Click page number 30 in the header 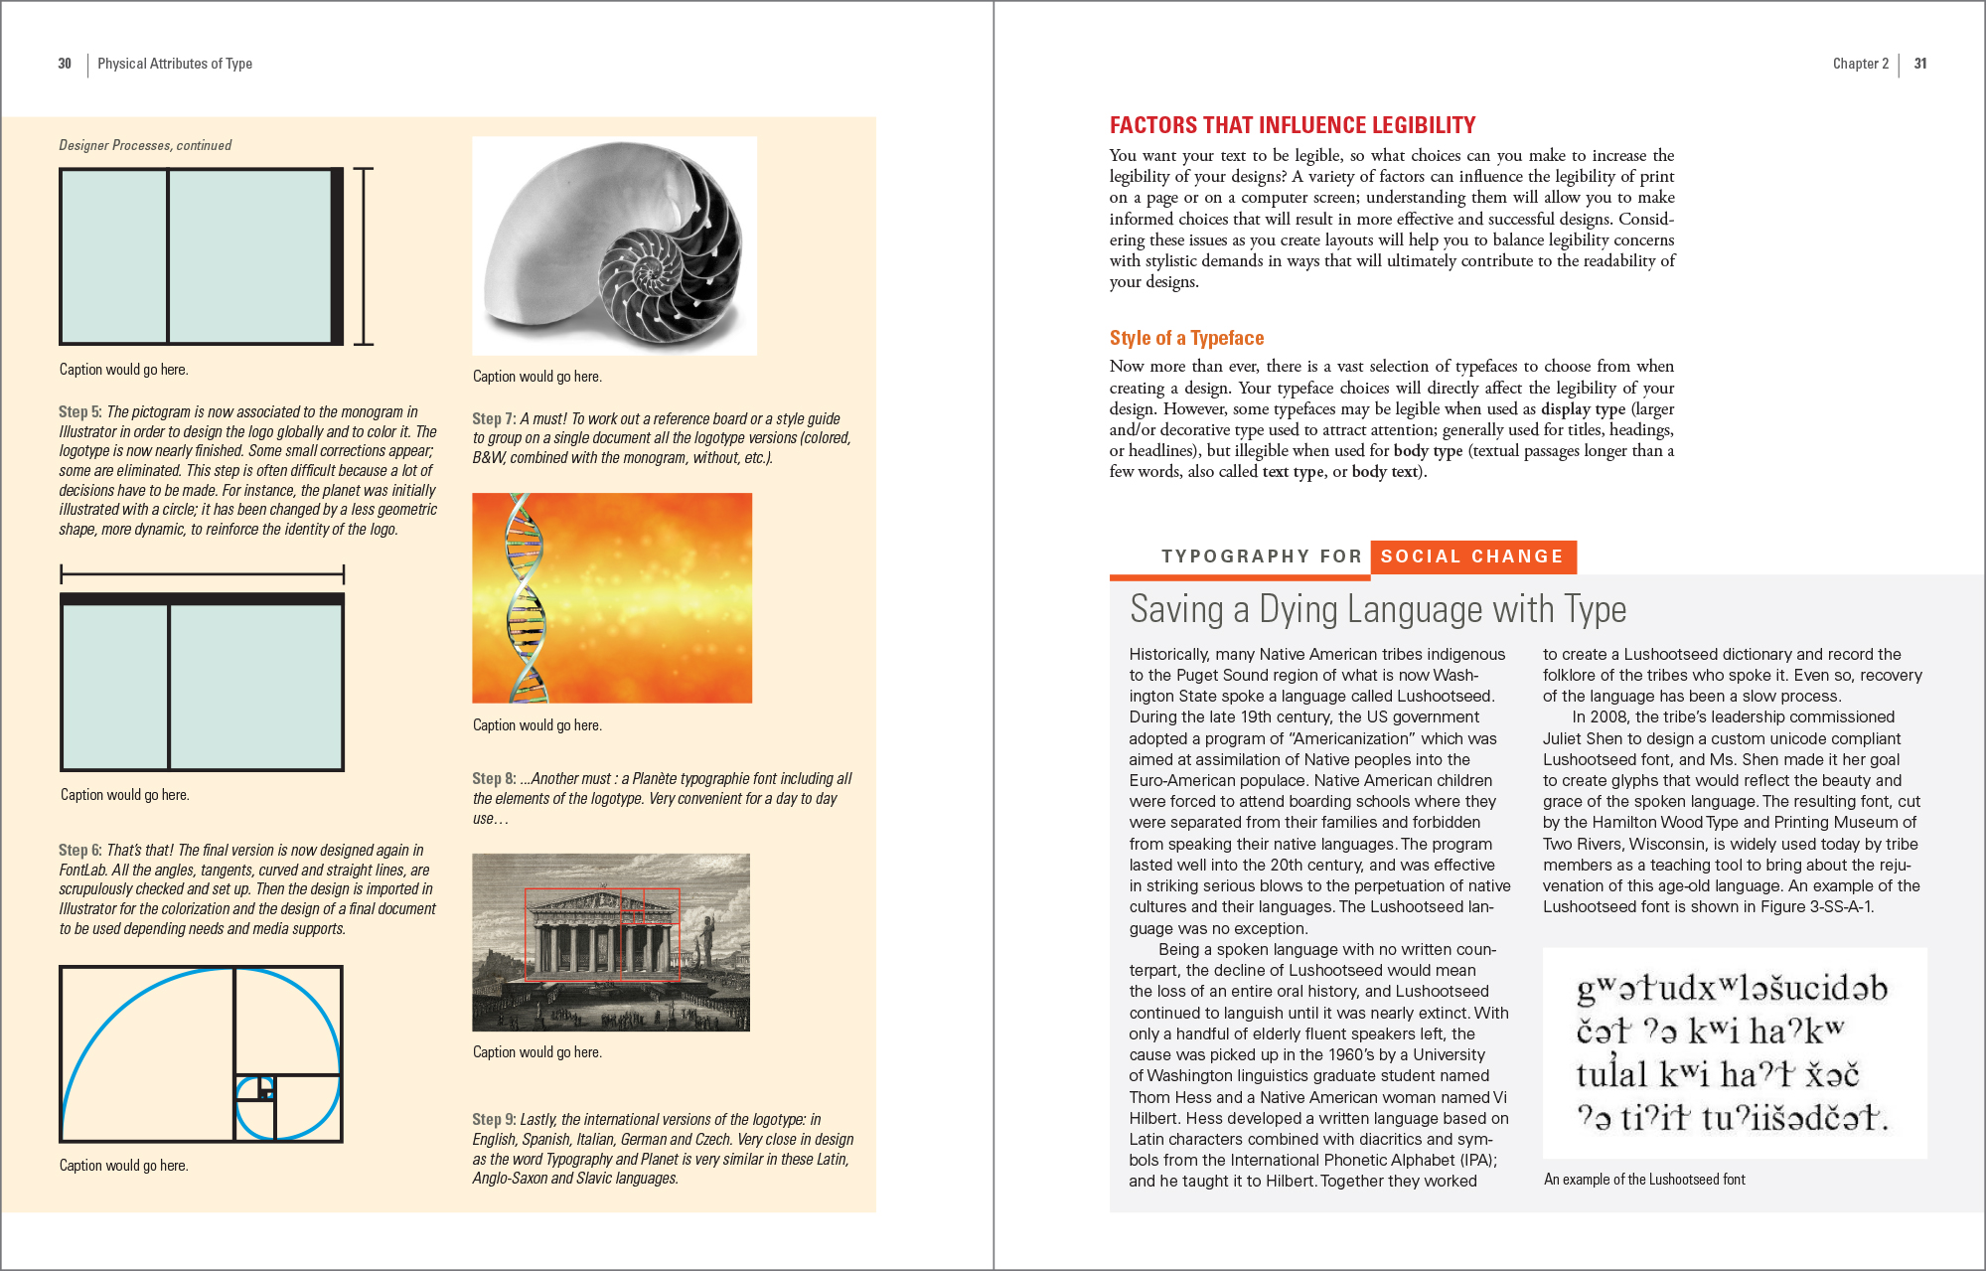pos(65,64)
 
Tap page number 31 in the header pos(1920,64)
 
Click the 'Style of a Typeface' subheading pos(1186,338)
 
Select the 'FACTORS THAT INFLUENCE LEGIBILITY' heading pos(1292,125)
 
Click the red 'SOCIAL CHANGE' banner pos(1471,556)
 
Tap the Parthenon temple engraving pos(610,941)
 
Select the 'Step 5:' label pos(79,411)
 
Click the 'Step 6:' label pos(79,850)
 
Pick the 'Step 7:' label pos(493,418)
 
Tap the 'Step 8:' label pos(493,778)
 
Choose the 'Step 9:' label pos(493,1119)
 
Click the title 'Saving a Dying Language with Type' pos(1377,609)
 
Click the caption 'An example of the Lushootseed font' pos(1644,1180)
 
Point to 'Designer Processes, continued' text pos(145,145)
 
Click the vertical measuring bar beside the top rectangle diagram pos(365,256)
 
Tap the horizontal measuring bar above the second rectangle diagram pos(202,573)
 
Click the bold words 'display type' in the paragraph pos(1583,408)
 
